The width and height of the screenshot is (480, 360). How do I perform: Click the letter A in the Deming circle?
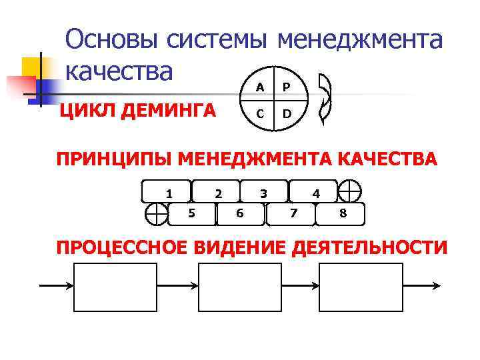click(260, 87)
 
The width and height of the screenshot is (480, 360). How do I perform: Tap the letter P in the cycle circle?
click(286, 87)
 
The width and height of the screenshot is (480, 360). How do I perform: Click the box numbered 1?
click(167, 192)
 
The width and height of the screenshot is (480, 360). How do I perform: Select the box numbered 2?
click(215, 192)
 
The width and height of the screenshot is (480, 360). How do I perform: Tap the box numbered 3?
click(264, 192)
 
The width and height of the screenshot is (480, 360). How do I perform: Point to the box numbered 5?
click(192, 214)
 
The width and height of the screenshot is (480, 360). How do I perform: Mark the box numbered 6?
click(240, 214)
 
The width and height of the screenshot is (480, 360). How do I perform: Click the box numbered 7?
click(291, 214)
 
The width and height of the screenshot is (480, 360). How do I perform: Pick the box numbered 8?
click(342, 214)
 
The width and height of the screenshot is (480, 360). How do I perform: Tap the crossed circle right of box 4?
click(349, 191)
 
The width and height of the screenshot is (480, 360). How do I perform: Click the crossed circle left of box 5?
click(157, 214)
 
